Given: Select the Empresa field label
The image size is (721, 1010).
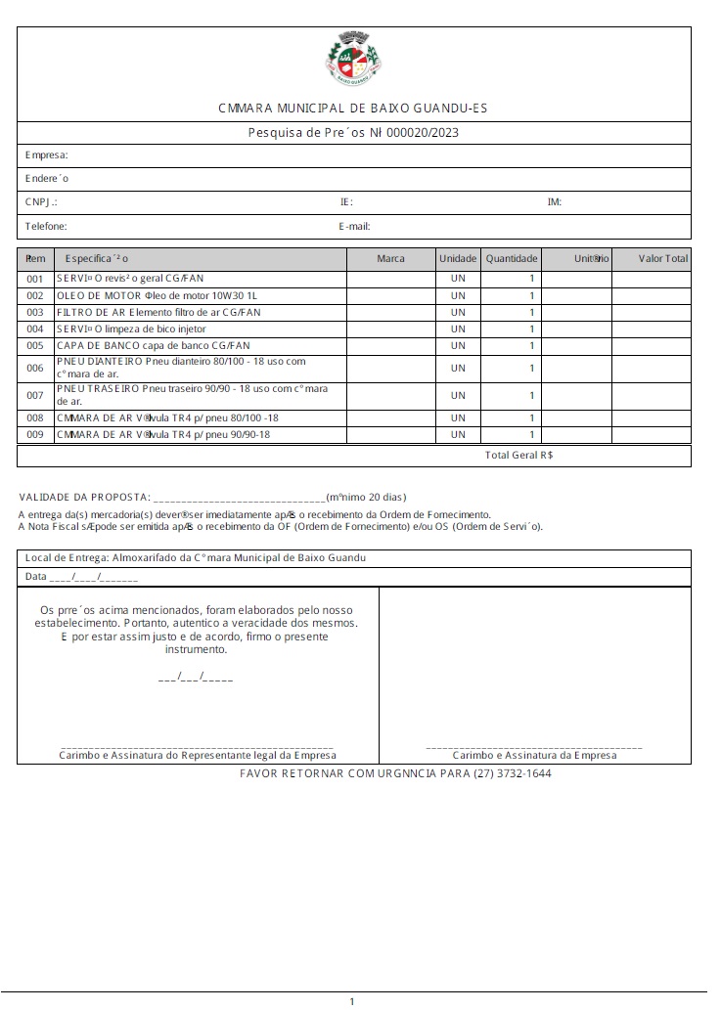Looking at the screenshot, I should tap(46, 155).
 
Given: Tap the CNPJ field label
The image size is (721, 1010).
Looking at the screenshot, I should tap(41, 202).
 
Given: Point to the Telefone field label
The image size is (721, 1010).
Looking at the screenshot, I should tap(46, 226).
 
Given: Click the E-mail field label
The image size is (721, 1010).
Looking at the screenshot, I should tap(354, 226).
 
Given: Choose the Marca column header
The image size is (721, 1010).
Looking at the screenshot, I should tap(390, 259).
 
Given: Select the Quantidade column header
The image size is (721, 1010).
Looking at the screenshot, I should tap(512, 259).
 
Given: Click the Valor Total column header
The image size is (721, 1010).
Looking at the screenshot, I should tap(663, 259).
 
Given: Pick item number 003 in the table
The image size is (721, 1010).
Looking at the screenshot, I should tap(35, 312).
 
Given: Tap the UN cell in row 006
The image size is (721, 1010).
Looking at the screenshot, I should tap(458, 368).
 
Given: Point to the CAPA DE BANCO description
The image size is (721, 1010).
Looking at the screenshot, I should tap(154, 345).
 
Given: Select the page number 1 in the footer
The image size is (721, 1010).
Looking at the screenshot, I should tap(352, 1000).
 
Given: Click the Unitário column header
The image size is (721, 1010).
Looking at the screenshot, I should tap(592, 259).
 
